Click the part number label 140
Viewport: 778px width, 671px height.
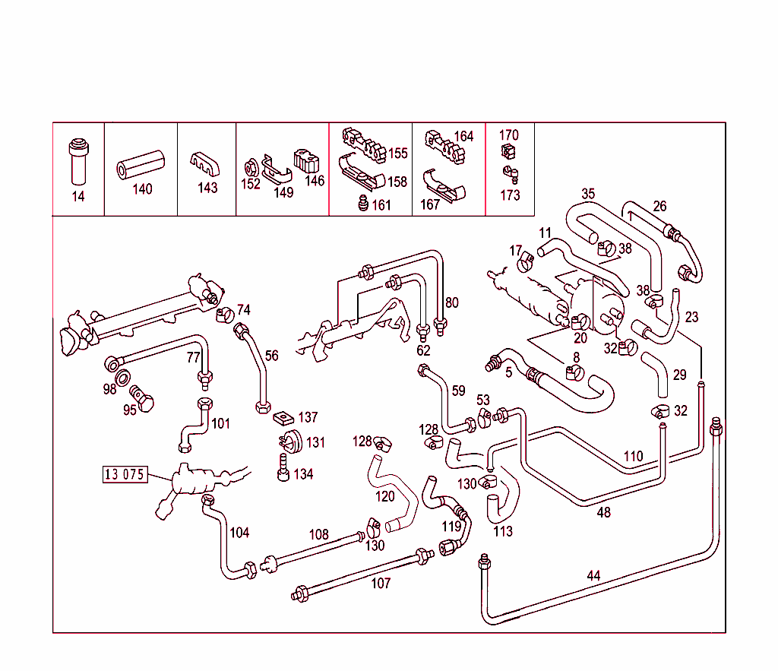[142, 189]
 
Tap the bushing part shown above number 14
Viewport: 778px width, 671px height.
[77, 160]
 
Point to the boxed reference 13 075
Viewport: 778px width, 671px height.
[124, 475]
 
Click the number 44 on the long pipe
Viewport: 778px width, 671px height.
[593, 576]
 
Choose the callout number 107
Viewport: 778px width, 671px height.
[381, 584]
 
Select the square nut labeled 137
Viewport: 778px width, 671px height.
[283, 417]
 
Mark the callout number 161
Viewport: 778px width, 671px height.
[381, 205]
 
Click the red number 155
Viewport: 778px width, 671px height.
[398, 154]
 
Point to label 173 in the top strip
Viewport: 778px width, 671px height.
[510, 195]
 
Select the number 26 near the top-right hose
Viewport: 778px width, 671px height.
[659, 206]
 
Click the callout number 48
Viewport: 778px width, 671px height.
[603, 513]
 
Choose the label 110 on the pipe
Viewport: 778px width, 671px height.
[633, 457]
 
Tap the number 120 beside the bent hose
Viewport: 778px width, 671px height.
[385, 496]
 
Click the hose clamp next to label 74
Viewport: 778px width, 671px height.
[224, 313]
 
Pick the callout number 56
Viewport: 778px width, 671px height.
[271, 356]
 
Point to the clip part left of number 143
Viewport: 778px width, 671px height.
[203, 163]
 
